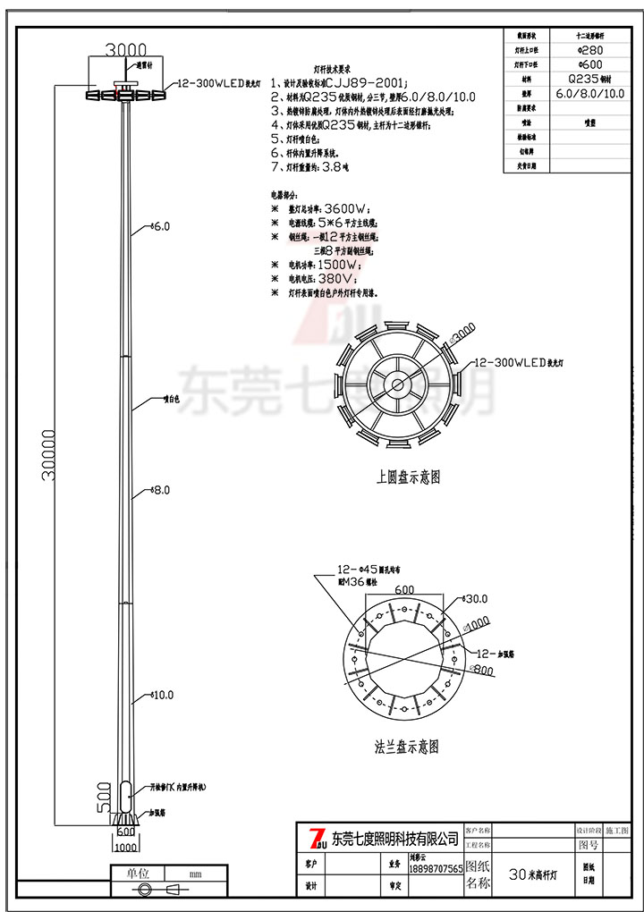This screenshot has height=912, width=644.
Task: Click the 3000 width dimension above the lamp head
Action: click(126, 50)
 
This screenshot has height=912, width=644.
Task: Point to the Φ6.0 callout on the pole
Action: click(160, 227)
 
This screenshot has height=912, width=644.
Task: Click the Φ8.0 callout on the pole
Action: click(160, 490)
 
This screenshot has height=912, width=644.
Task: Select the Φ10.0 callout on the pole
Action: click(162, 694)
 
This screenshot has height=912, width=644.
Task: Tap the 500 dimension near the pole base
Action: click(103, 792)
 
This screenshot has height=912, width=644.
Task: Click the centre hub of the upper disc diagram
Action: click(397, 385)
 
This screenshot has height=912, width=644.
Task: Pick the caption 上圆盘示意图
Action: click(408, 477)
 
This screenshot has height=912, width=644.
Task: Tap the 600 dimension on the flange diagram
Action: click(404, 589)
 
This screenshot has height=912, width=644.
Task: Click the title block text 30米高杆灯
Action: click(534, 874)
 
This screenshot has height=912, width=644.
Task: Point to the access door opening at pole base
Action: click(126, 791)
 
